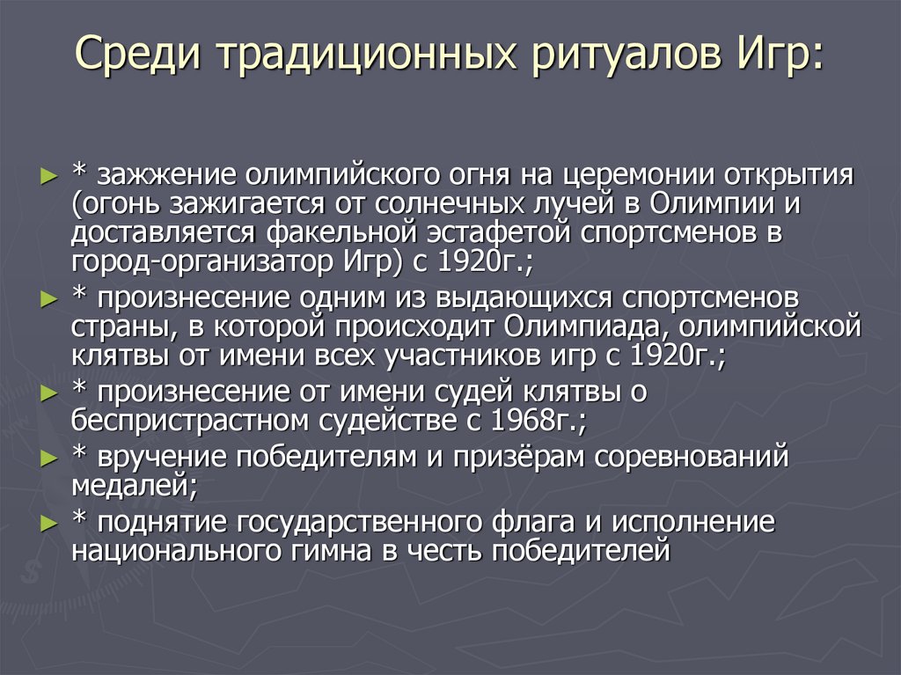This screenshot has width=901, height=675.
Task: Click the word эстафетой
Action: (504, 233)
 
